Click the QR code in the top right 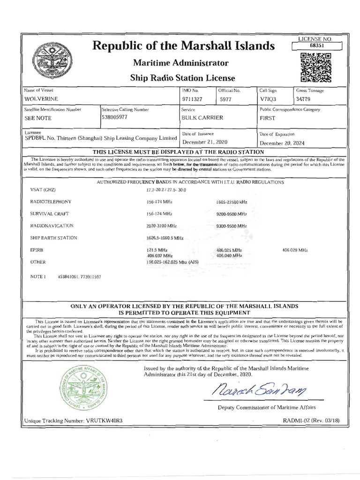click(316, 68)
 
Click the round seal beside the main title click(46, 61)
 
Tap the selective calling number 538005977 click(117, 118)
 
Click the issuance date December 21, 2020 click(204, 142)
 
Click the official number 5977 click(226, 99)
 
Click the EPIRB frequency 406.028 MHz click(295, 250)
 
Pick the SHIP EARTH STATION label click(53, 238)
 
